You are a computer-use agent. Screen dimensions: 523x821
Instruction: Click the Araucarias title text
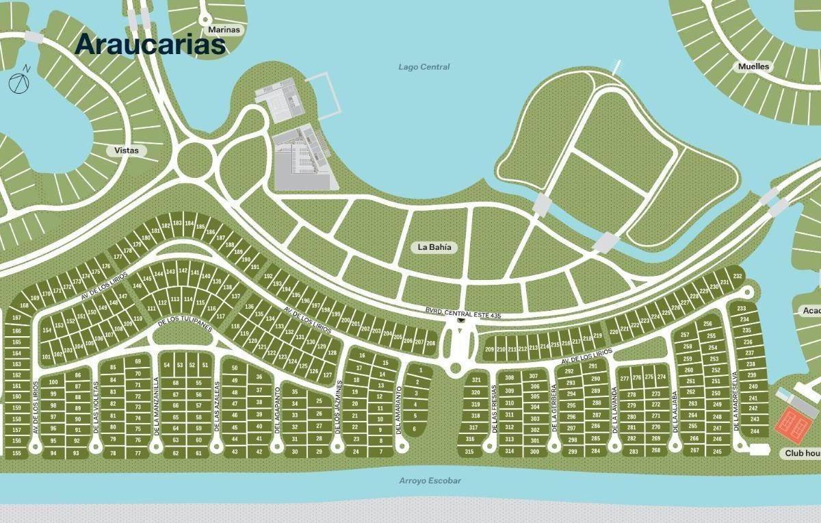[150, 44]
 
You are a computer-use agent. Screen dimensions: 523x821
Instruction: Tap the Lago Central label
[424, 66]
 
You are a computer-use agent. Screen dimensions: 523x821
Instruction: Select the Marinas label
[224, 29]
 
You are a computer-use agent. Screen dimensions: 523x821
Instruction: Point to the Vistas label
[127, 150]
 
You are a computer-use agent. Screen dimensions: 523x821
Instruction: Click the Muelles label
[753, 66]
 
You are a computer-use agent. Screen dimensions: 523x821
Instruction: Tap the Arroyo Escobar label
[430, 481]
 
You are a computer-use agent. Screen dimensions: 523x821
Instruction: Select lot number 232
[737, 277]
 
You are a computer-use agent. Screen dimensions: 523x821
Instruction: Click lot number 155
[16, 453]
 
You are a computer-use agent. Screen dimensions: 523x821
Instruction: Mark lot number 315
[469, 452]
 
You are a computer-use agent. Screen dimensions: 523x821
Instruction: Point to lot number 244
[755, 431]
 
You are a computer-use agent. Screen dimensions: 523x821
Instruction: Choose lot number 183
[177, 223]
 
